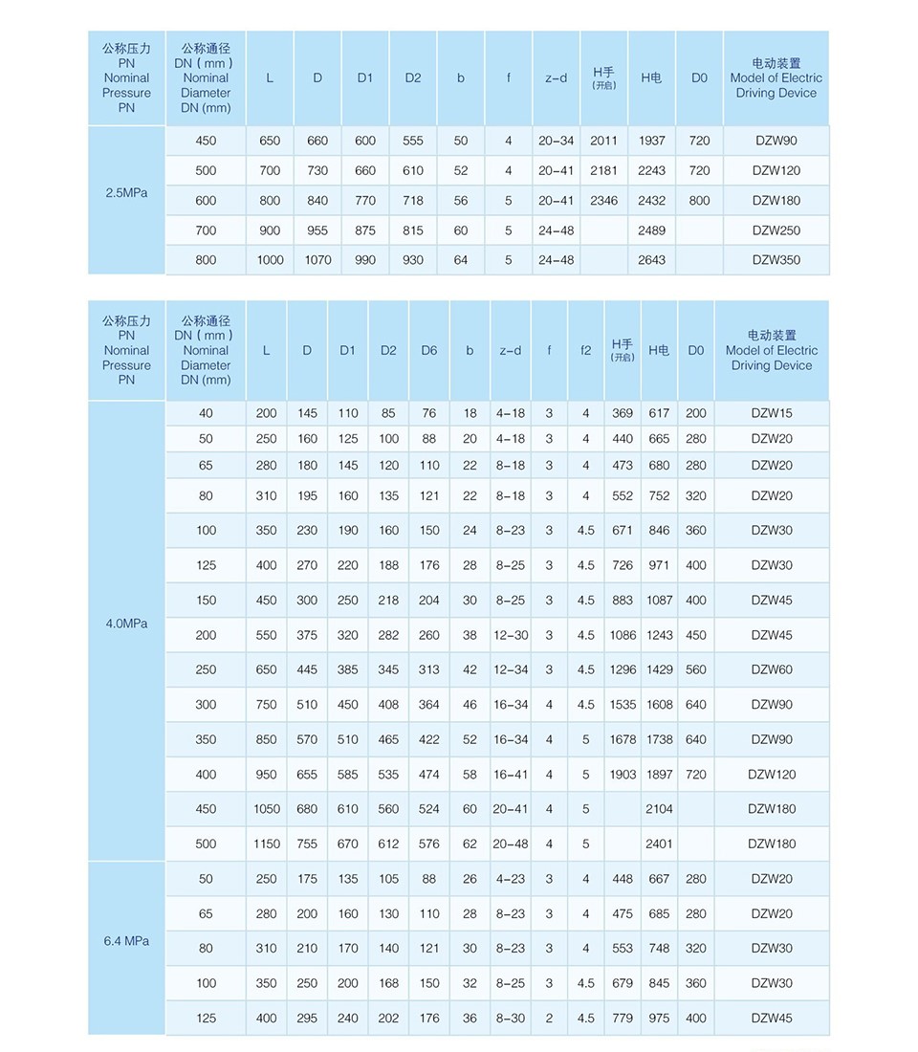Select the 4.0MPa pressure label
point(126,623)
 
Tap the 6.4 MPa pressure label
point(126,941)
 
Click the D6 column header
point(428,350)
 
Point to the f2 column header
point(585,350)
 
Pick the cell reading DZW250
point(775,230)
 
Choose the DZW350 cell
point(775,260)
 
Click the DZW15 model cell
point(771,413)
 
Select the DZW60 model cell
point(771,669)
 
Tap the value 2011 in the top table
point(603,141)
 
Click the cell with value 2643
point(651,260)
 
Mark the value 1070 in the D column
point(317,260)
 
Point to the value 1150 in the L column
point(267,844)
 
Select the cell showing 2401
point(659,844)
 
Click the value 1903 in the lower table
point(623,774)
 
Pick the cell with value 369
point(623,413)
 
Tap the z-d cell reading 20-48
point(510,844)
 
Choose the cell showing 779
point(623,1019)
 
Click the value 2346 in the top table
point(603,201)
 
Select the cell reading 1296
point(623,669)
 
